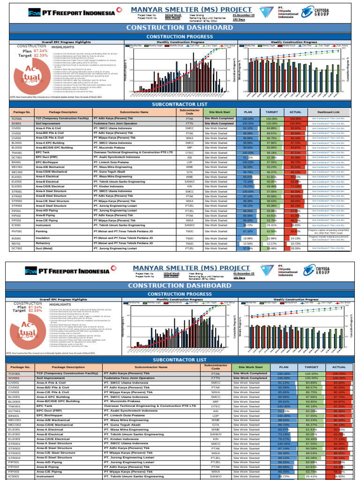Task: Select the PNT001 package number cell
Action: (16, 231)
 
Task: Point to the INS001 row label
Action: (16, 238)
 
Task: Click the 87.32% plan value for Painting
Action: (248, 231)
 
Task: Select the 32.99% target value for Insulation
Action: (272, 238)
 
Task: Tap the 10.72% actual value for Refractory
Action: (295, 244)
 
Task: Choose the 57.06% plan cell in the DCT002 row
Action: (248, 248)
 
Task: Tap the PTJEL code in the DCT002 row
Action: (189, 248)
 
